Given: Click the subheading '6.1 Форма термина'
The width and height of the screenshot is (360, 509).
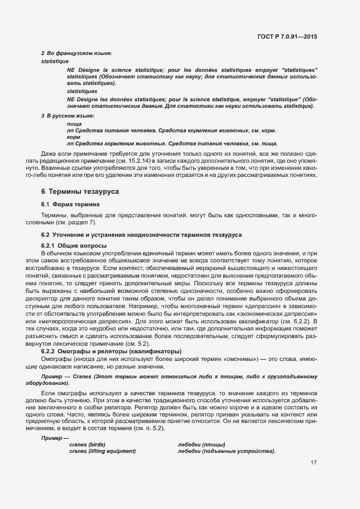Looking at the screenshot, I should click(x=70, y=204).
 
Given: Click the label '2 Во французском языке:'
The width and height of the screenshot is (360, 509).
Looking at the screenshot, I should click(x=77, y=53).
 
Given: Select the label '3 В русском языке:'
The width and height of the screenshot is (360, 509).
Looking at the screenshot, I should click(x=68, y=116).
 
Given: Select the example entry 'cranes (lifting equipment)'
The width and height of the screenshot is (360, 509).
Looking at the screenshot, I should click(x=102, y=451).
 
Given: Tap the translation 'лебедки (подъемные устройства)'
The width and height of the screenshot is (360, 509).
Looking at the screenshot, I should click(x=227, y=451).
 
